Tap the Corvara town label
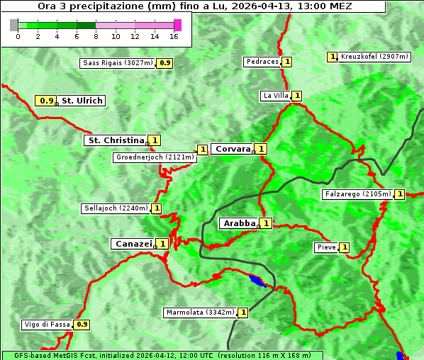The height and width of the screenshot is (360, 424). [x=233, y=149]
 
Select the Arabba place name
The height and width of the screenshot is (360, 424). [x=239, y=223]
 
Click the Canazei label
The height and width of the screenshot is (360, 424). [x=133, y=243]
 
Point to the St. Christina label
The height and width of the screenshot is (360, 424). [x=115, y=140]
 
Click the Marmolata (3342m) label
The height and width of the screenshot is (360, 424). [x=199, y=313]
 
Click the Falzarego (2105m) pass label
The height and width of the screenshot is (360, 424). [x=357, y=193]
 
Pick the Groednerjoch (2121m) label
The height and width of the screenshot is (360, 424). [x=154, y=157]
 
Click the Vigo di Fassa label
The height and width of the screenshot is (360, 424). [x=47, y=325]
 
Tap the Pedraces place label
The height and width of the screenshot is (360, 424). [x=262, y=62]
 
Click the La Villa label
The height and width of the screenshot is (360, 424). [x=275, y=96]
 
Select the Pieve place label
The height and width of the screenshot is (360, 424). [x=326, y=247]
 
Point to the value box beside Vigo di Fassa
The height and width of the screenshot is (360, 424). [x=82, y=325]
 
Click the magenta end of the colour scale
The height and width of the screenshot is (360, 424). [x=177, y=25]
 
